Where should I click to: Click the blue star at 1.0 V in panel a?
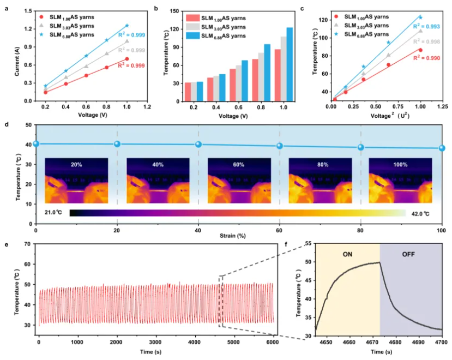(x=127, y=26)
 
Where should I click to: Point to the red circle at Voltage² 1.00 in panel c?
(x=420, y=50)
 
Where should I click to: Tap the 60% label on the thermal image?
(x=239, y=164)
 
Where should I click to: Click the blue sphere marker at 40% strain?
(x=117, y=144)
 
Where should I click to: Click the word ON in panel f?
(x=346, y=253)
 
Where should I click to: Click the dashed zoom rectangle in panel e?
(x=221, y=301)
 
